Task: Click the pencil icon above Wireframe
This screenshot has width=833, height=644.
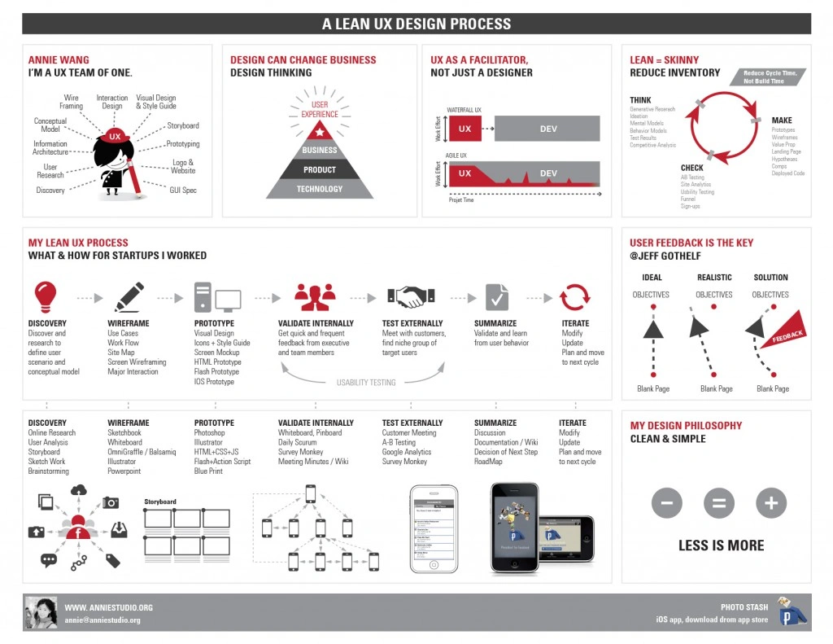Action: click(x=129, y=296)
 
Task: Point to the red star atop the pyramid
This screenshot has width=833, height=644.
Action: click(x=320, y=131)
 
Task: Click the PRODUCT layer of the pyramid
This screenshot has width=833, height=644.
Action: click(x=320, y=169)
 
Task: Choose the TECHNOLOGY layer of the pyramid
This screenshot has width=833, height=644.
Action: click(x=320, y=189)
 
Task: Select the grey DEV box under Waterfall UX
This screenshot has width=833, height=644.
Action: click(x=547, y=129)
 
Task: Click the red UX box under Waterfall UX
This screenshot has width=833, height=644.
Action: click(x=465, y=129)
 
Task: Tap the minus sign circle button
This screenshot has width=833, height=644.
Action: click(x=666, y=503)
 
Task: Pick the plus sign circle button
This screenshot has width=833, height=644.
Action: click(x=771, y=503)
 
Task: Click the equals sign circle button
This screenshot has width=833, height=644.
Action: click(x=718, y=503)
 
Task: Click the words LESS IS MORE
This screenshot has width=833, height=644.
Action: click(x=721, y=545)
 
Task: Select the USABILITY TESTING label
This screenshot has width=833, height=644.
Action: click(x=366, y=383)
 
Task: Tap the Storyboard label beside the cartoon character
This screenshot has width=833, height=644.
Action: click(x=183, y=125)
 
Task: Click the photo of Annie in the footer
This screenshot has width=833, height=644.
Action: click(x=41, y=613)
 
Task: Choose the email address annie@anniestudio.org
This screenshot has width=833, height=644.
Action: click(x=102, y=620)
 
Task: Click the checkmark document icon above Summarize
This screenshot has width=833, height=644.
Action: click(x=496, y=297)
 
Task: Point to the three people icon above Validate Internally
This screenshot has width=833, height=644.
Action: click(x=315, y=297)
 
